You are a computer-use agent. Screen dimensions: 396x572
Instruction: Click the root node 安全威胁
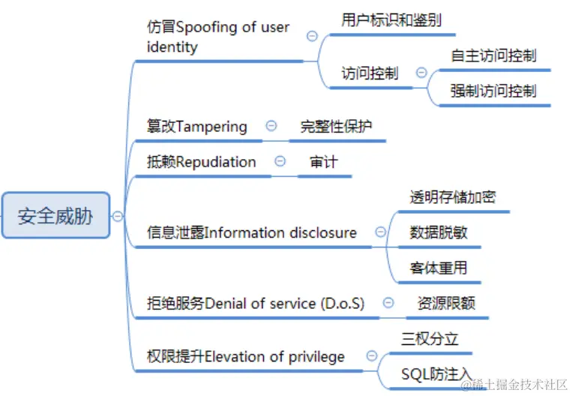click(x=55, y=216)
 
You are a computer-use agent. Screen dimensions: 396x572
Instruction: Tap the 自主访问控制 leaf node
click(x=493, y=55)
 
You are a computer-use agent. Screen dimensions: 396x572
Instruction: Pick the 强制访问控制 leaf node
click(x=493, y=91)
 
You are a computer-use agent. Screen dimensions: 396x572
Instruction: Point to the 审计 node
click(x=323, y=162)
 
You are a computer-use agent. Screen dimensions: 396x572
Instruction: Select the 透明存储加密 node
click(x=452, y=197)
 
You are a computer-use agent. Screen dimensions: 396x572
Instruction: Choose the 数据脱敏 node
click(x=439, y=232)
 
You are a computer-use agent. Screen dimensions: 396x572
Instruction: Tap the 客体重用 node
click(x=439, y=267)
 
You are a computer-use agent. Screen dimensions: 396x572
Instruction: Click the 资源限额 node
click(x=446, y=303)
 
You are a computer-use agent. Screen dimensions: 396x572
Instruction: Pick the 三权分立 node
click(x=430, y=338)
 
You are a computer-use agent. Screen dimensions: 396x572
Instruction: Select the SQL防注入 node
click(x=436, y=373)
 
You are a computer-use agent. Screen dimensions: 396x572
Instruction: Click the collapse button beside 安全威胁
click(x=118, y=216)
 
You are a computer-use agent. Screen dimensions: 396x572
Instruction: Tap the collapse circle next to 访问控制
click(x=421, y=73)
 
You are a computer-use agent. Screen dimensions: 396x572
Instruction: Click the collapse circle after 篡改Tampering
click(x=271, y=126)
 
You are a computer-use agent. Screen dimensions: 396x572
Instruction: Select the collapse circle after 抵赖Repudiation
click(x=280, y=161)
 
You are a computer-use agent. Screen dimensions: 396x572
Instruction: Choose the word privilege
click(x=317, y=356)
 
